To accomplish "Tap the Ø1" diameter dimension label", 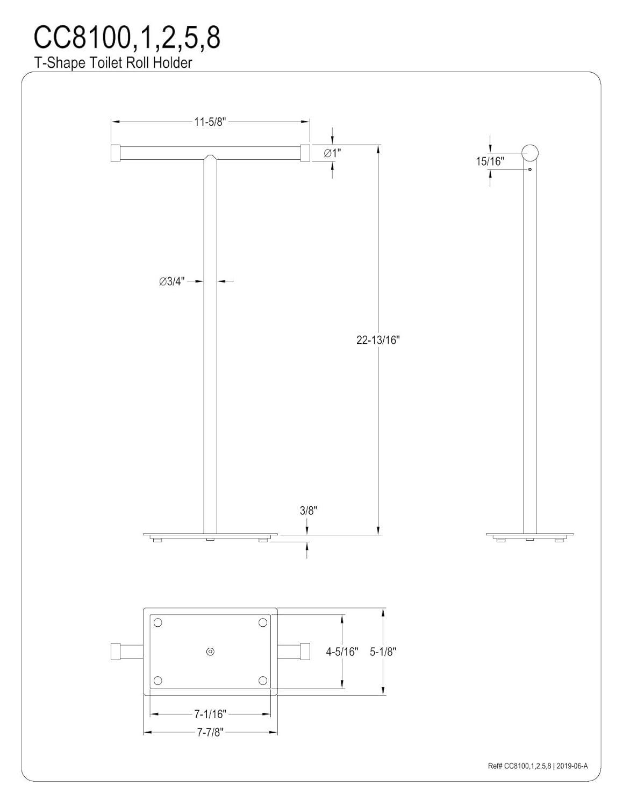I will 332,153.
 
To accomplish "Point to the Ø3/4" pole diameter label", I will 172,281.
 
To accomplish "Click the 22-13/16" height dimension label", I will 378,340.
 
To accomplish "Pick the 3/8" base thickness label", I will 309,511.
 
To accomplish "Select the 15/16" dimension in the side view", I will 490,161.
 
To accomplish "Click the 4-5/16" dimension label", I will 342,652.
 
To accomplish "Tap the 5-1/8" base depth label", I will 383,652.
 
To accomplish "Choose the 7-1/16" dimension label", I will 210,714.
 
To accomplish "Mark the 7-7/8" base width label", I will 210,732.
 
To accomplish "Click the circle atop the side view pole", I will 531,153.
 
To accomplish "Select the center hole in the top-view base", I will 210,652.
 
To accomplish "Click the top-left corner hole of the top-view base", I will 157,622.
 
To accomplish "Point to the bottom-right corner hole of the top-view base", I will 263,681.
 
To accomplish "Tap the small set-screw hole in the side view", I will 530,170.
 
